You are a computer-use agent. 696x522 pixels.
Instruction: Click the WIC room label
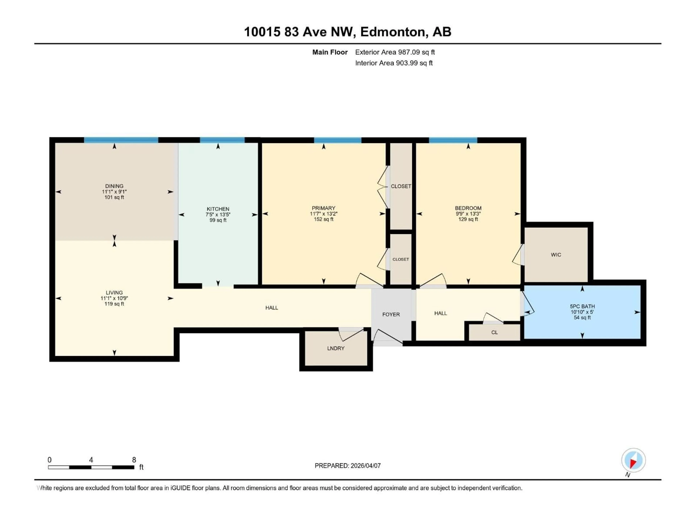[556, 255]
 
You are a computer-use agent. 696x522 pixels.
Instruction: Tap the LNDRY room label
[336, 348]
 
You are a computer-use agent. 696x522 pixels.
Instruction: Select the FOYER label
[391, 314]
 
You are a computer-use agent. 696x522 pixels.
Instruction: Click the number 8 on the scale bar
[134, 460]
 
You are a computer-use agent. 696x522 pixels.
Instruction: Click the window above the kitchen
[222, 140]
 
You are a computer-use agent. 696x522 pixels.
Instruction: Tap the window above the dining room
[121, 140]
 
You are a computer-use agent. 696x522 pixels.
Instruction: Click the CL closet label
[494, 333]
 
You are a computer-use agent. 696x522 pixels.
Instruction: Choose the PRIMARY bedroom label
[324, 208]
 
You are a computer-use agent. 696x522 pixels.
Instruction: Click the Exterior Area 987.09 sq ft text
[395, 52]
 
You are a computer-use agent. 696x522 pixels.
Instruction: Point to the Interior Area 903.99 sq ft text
[394, 63]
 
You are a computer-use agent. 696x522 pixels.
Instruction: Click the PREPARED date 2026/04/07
[365, 466]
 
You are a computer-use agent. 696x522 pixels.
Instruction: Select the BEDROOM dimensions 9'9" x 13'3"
[468, 214]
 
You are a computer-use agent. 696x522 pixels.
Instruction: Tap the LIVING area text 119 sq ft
[114, 304]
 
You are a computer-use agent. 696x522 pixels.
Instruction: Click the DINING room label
[114, 186]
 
